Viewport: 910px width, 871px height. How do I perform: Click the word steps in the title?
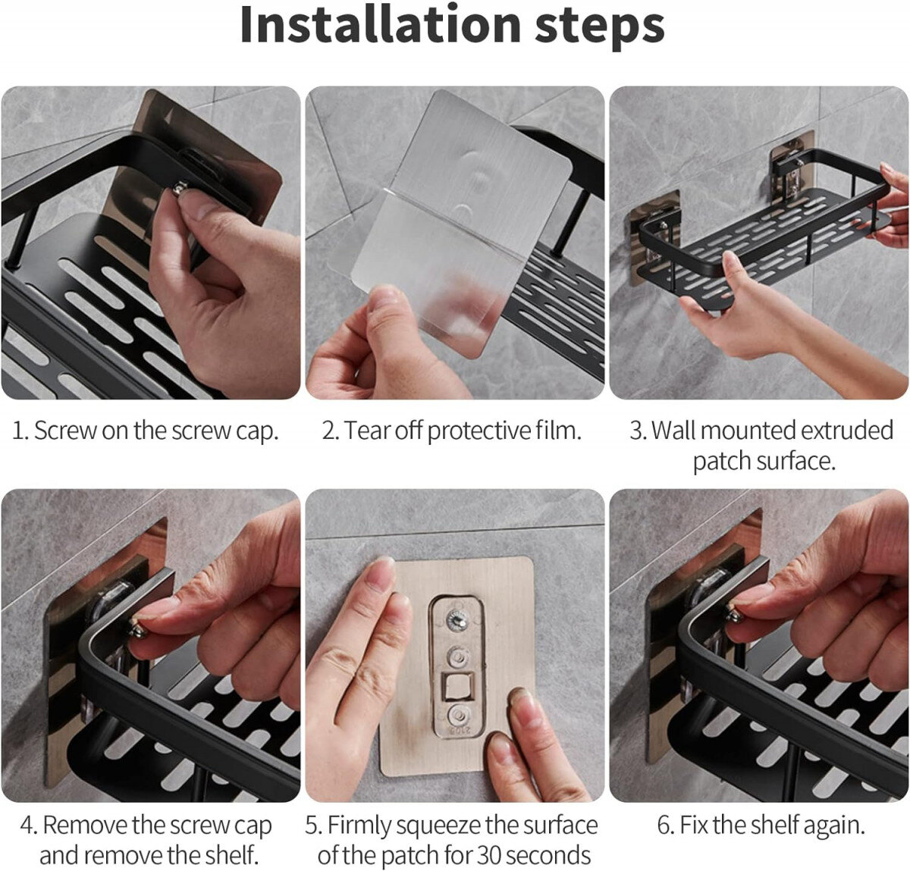(x=600, y=29)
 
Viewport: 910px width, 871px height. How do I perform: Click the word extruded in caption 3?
(x=846, y=430)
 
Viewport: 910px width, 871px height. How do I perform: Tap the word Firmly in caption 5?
(x=359, y=826)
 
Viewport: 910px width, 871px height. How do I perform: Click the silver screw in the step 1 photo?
(x=179, y=189)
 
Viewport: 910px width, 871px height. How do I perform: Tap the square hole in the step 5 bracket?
(x=457, y=687)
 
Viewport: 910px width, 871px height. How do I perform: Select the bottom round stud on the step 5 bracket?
(x=457, y=716)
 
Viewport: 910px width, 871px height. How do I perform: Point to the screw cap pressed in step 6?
(x=733, y=614)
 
